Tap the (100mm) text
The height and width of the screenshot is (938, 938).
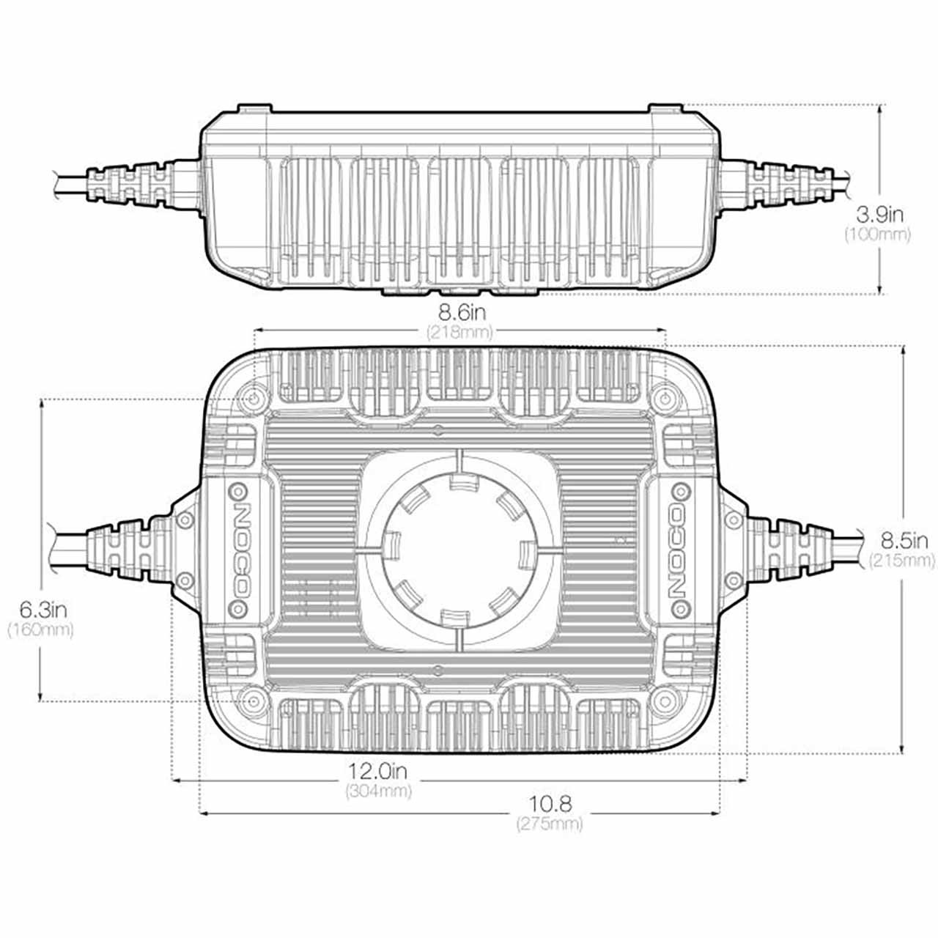coord(877,234)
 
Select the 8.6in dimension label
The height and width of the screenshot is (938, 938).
coord(459,314)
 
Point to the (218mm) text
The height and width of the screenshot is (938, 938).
coord(459,333)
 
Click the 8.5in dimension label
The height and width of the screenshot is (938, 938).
coord(904,542)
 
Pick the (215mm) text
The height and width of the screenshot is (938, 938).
coord(902,561)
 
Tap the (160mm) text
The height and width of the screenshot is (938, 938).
coord(40,629)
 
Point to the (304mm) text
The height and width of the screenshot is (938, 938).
coord(378,791)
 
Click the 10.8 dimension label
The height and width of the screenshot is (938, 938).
coord(550,804)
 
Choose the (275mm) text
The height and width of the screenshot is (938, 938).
coord(550,824)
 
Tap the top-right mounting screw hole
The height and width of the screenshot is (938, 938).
coord(664,399)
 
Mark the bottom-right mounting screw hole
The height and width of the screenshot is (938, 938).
coord(664,699)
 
